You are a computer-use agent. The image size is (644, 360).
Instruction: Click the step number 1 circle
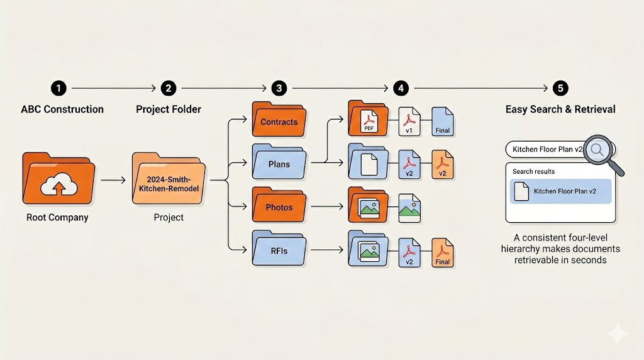[x=57, y=88]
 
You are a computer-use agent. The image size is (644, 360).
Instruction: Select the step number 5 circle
[x=558, y=88]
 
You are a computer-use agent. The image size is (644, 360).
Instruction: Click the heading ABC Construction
[x=62, y=110]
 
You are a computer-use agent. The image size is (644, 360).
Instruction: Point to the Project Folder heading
[x=169, y=110]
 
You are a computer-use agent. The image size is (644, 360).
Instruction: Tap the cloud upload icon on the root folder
[x=57, y=184]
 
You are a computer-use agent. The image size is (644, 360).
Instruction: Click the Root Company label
[x=57, y=218]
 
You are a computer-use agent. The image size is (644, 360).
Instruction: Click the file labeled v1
[x=409, y=122]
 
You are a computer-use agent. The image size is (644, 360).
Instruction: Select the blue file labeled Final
[x=443, y=122]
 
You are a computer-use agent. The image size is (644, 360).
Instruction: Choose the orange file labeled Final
[x=443, y=252]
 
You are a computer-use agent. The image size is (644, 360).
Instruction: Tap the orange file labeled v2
[x=443, y=165]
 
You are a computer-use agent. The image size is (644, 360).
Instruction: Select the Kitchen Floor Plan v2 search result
[x=560, y=191]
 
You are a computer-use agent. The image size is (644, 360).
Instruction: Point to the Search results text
[x=533, y=171]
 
